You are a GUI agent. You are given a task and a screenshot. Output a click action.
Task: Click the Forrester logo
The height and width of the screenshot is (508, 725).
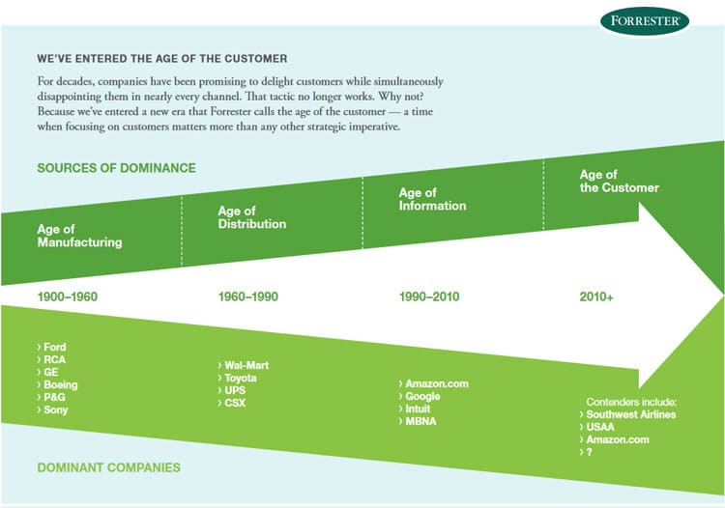tap(645, 21)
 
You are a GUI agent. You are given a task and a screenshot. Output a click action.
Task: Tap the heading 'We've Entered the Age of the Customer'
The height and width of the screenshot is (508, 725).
tap(162, 59)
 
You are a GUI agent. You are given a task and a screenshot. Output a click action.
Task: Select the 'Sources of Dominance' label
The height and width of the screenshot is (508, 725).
tap(117, 168)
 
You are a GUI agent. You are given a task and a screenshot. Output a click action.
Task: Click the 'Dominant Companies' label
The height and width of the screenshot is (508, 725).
tap(108, 467)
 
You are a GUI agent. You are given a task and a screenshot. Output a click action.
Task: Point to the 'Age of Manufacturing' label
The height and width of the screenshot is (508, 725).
tap(79, 236)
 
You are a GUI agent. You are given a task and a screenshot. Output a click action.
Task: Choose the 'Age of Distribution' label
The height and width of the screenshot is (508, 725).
tap(252, 217)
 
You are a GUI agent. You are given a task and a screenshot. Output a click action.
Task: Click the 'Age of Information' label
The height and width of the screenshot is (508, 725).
tap(432, 199)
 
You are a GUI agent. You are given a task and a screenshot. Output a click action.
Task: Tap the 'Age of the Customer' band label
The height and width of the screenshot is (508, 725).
tap(619, 181)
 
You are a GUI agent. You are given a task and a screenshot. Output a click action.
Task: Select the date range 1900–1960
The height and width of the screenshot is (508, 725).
tap(68, 296)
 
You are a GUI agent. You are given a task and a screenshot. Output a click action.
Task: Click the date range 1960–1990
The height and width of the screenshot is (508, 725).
tap(248, 296)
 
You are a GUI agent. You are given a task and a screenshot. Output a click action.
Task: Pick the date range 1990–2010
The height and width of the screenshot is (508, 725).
tap(429, 296)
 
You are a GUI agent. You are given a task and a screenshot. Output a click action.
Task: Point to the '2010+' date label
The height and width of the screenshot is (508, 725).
tap(596, 296)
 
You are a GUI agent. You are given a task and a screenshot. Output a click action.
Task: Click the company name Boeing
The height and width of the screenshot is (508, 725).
tap(61, 384)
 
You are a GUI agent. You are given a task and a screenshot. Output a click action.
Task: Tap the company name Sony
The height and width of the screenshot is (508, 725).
tap(55, 409)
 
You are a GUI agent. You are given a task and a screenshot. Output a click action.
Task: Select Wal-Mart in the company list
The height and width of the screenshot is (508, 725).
tap(246, 365)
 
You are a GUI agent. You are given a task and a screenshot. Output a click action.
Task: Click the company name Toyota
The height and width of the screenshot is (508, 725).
tap(241, 378)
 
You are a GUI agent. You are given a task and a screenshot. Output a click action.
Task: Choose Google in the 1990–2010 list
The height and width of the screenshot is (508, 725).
tap(422, 396)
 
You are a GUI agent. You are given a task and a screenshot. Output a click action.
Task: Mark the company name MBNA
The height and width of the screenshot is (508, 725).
tap(420, 421)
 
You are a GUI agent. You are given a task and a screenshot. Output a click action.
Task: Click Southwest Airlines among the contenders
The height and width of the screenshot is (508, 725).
tap(631, 414)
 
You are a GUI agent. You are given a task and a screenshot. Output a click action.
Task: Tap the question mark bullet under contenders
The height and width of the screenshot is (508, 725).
tap(589, 452)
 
